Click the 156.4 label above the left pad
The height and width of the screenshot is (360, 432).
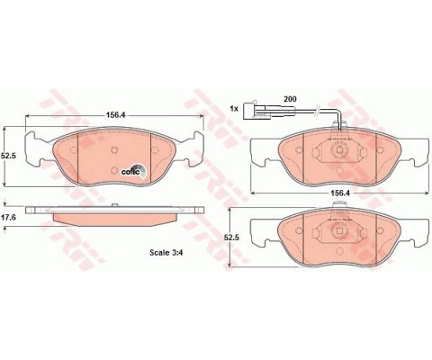(115, 115)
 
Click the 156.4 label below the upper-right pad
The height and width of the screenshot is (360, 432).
(340, 193)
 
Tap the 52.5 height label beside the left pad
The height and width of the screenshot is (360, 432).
(8, 156)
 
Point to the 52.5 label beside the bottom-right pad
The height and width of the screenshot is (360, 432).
(231, 237)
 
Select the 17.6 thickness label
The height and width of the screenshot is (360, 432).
(8, 217)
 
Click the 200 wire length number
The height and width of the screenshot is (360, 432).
(290, 99)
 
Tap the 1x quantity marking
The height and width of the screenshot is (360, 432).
(234, 109)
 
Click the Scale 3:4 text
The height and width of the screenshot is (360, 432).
(166, 253)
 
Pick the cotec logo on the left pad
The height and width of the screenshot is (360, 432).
(134, 170)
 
